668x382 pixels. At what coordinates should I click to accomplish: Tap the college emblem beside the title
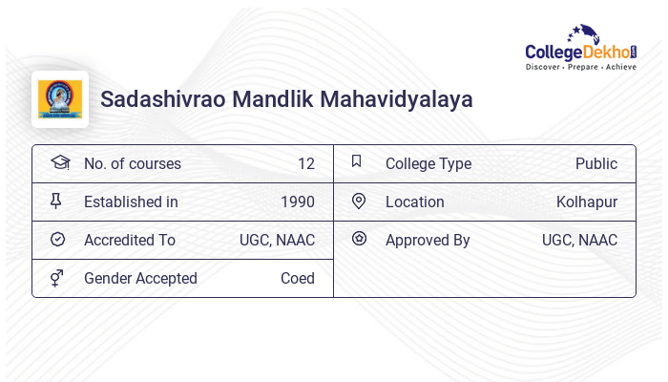click(60, 99)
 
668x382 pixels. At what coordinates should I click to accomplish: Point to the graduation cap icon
click(59, 162)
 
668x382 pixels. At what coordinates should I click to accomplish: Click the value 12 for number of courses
click(305, 164)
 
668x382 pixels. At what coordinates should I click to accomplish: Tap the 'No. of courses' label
click(132, 164)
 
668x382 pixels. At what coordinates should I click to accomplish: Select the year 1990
click(297, 202)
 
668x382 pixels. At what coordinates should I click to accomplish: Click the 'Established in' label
click(131, 202)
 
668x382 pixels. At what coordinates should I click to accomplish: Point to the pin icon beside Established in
click(56, 202)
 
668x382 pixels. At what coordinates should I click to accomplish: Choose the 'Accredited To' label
click(130, 241)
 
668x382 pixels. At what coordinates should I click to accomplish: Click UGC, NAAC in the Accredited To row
click(277, 241)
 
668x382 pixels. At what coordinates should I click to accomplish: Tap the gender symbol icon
click(57, 278)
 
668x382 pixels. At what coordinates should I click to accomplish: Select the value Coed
click(297, 279)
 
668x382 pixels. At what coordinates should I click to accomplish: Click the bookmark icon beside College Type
click(357, 162)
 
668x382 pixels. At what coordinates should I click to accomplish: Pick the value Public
click(595, 164)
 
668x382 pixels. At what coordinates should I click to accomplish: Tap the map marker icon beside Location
click(359, 202)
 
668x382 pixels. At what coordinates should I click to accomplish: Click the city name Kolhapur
click(586, 202)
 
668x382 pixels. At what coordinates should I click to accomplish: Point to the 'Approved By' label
click(428, 241)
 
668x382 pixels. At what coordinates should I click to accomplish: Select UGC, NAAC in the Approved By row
click(579, 241)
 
